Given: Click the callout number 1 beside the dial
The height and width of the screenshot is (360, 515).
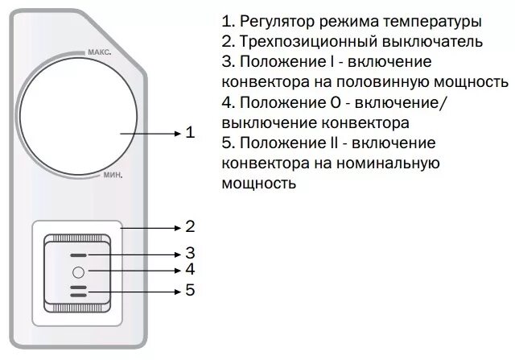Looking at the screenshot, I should tap(190, 132).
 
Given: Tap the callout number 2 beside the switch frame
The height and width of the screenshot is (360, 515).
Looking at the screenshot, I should tap(190, 226).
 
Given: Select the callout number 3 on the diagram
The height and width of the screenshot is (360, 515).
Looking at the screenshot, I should tap(190, 252).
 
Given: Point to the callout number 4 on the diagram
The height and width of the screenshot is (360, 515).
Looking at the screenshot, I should tap(190, 270).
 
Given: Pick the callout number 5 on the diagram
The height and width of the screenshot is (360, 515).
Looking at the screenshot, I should tap(190, 290).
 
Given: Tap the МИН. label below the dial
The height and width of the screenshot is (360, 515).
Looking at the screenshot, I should tap(112, 175).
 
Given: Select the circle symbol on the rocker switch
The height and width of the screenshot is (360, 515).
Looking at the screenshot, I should tap(78, 271).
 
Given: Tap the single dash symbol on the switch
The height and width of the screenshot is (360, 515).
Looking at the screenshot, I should tap(78, 254).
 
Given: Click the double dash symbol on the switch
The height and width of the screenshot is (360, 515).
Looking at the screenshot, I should tap(78, 291).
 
